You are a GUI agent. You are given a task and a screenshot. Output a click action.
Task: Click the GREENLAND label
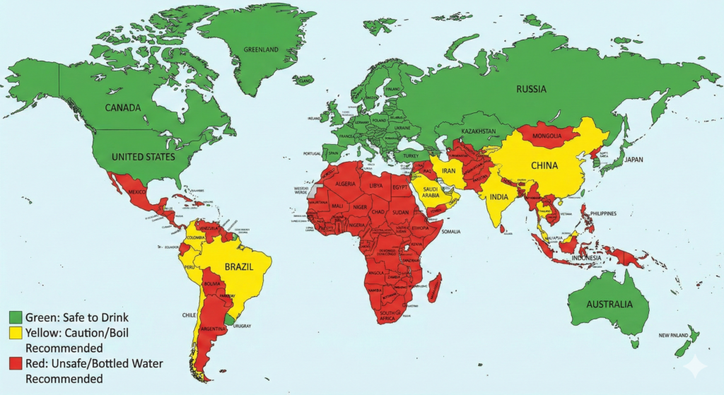pyautogui.click(x=262, y=50)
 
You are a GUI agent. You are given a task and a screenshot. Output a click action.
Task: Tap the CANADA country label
pyautogui.click(x=124, y=107)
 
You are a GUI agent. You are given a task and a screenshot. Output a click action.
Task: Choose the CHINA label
pyautogui.click(x=543, y=166)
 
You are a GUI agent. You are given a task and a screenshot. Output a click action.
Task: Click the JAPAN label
pyautogui.click(x=634, y=160)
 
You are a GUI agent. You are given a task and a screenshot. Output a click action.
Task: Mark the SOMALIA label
pyautogui.click(x=450, y=232)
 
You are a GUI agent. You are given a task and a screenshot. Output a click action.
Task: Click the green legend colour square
pyautogui.click(x=16, y=316)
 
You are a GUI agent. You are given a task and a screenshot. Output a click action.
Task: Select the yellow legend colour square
pyautogui.click(x=16, y=332)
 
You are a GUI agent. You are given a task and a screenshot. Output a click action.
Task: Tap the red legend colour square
pyautogui.click(x=16, y=363)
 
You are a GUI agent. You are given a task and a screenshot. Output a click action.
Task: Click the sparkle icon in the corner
pyautogui.click(x=696, y=367)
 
